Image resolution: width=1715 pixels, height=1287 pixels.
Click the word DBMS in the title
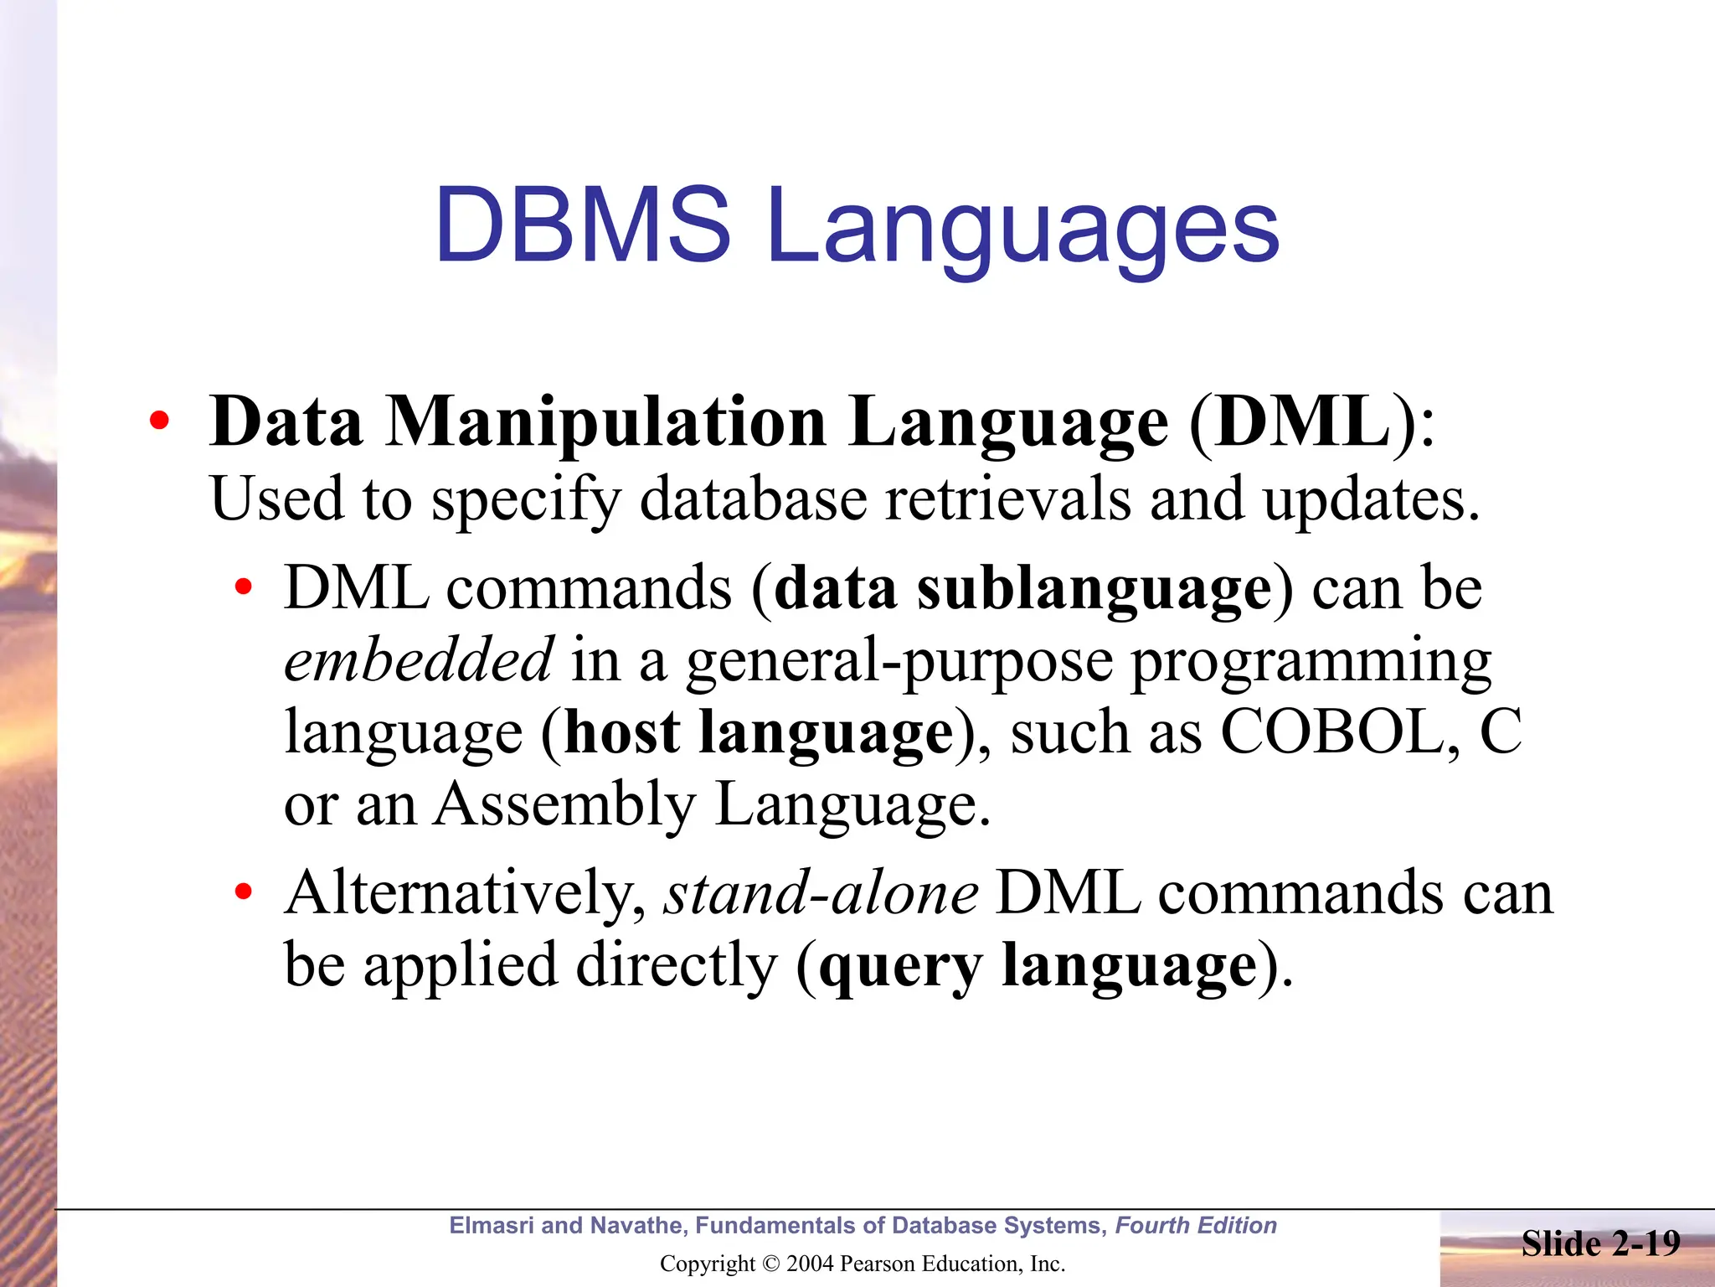click(583, 225)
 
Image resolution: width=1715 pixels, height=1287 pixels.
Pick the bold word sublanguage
click(1094, 590)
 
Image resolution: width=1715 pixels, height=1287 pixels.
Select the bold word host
click(622, 732)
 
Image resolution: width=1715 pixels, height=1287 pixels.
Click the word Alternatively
click(465, 893)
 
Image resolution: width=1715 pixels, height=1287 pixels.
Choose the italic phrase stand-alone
click(821, 893)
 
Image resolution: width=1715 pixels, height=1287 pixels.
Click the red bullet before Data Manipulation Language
click(158, 422)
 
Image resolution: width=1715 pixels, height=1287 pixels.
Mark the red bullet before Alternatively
click(243, 893)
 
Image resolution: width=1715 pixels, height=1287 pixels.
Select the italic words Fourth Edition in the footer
click(1196, 1226)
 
